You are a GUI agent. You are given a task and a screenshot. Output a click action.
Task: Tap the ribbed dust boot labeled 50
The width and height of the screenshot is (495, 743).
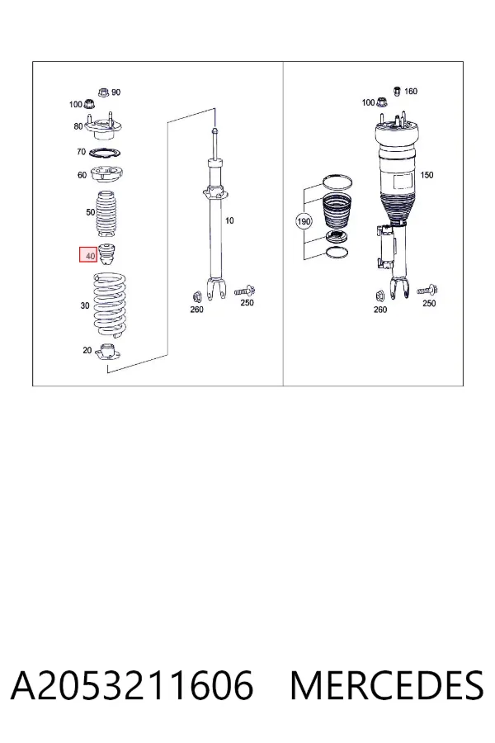[108, 214]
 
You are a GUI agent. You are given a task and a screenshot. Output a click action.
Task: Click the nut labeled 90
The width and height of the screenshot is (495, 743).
[104, 92]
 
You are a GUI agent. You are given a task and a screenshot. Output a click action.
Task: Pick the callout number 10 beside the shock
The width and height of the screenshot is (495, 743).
[229, 220]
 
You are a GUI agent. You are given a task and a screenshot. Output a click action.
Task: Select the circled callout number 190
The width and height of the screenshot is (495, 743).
[304, 221]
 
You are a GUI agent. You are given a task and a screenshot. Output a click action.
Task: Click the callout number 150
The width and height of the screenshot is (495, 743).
[427, 175]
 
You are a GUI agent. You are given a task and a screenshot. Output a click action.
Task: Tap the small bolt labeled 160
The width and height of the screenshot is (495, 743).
[398, 91]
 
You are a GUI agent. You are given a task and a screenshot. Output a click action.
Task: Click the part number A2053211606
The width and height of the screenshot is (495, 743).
[132, 685]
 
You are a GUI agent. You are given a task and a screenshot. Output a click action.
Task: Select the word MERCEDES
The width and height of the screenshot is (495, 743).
[387, 685]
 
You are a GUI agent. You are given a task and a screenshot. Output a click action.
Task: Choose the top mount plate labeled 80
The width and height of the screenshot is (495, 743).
[104, 127]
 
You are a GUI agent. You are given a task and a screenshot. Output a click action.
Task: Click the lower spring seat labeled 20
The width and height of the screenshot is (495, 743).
[108, 353]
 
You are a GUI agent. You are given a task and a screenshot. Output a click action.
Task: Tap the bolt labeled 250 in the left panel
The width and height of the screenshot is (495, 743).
[245, 290]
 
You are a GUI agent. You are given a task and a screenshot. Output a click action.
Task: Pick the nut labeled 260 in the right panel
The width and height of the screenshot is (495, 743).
[379, 296]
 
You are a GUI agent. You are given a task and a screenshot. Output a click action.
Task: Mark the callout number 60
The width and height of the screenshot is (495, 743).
[82, 175]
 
